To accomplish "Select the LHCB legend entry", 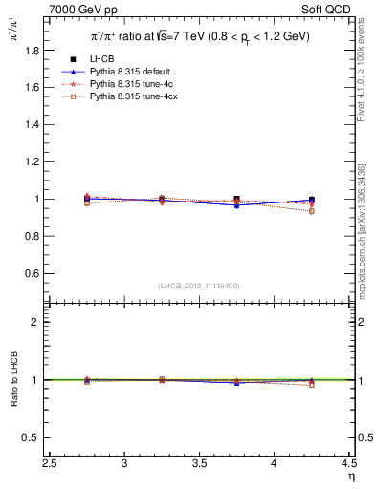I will (102, 59).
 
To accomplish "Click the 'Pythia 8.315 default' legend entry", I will (129, 72).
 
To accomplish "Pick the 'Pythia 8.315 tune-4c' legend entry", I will (129, 85).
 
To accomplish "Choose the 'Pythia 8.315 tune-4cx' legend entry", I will (131, 97).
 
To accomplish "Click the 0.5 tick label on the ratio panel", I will (35, 437).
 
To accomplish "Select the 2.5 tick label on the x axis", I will (50, 463).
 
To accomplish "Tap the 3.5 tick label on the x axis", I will (199, 463).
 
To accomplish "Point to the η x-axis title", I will (350, 477).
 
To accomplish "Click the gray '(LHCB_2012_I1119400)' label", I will (199, 286).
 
